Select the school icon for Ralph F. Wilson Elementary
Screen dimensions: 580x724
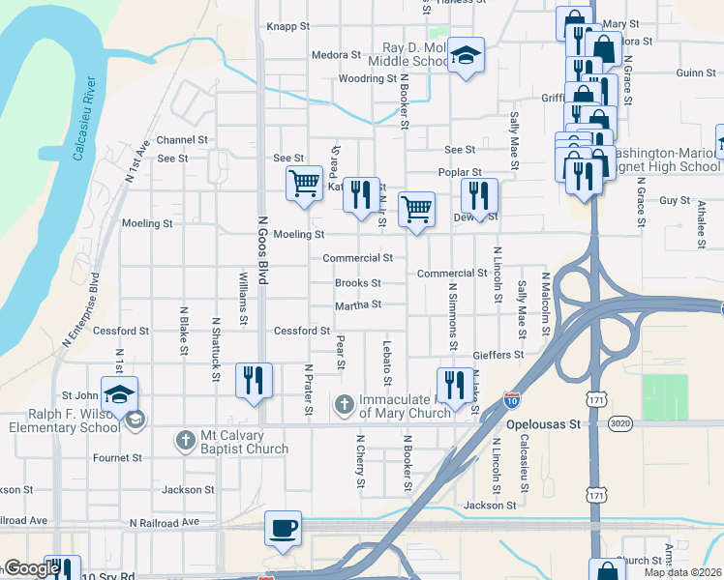click(119, 394)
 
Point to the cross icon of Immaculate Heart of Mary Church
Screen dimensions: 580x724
click(344, 404)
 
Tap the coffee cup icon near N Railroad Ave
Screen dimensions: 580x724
click(283, 528)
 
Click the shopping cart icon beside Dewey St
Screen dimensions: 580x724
click(416, 208)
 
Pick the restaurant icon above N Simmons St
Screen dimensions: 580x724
click(454, 383)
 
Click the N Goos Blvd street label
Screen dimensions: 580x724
click(261, 249)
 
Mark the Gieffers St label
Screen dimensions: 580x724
click(498, 355)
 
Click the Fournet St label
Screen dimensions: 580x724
click(117, 457)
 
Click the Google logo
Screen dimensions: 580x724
click(31, 568)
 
